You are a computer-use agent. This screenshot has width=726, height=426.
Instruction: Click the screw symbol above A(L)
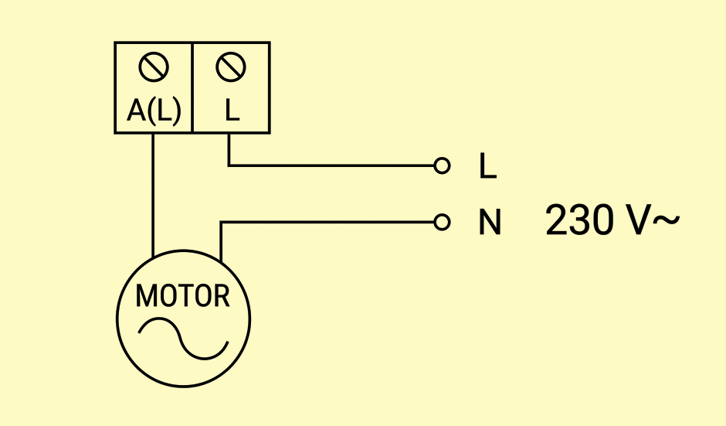[154, 67]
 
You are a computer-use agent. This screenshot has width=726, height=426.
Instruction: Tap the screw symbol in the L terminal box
[231, 67]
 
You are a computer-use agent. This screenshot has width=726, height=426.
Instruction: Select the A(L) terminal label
[154, 111]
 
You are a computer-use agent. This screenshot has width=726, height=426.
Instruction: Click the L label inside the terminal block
[232, 111]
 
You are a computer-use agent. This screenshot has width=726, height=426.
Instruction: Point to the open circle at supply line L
[443, 165]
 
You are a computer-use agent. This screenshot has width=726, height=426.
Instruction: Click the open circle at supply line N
[443, 223]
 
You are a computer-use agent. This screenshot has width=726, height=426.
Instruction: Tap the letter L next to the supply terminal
[487, 166]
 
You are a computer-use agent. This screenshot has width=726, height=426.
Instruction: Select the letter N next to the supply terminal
[490, 223]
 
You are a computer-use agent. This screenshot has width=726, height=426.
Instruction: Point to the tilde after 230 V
[666, 220]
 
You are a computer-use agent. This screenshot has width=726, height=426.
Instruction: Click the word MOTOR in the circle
[182, 296]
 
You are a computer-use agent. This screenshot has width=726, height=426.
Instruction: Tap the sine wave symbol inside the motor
[183, 339]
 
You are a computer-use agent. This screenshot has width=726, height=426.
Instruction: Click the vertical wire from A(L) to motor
[153, 195]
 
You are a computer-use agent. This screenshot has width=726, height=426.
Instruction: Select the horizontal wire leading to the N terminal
[327, 223]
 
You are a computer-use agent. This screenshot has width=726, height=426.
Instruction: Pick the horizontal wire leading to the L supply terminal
[331, 165]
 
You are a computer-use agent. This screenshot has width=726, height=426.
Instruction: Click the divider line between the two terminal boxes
[192, 87]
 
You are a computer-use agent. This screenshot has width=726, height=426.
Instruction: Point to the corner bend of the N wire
[221, 223]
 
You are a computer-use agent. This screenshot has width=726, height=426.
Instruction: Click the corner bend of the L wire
[229, 165]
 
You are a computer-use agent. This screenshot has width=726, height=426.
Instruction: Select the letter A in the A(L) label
[136, 111]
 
